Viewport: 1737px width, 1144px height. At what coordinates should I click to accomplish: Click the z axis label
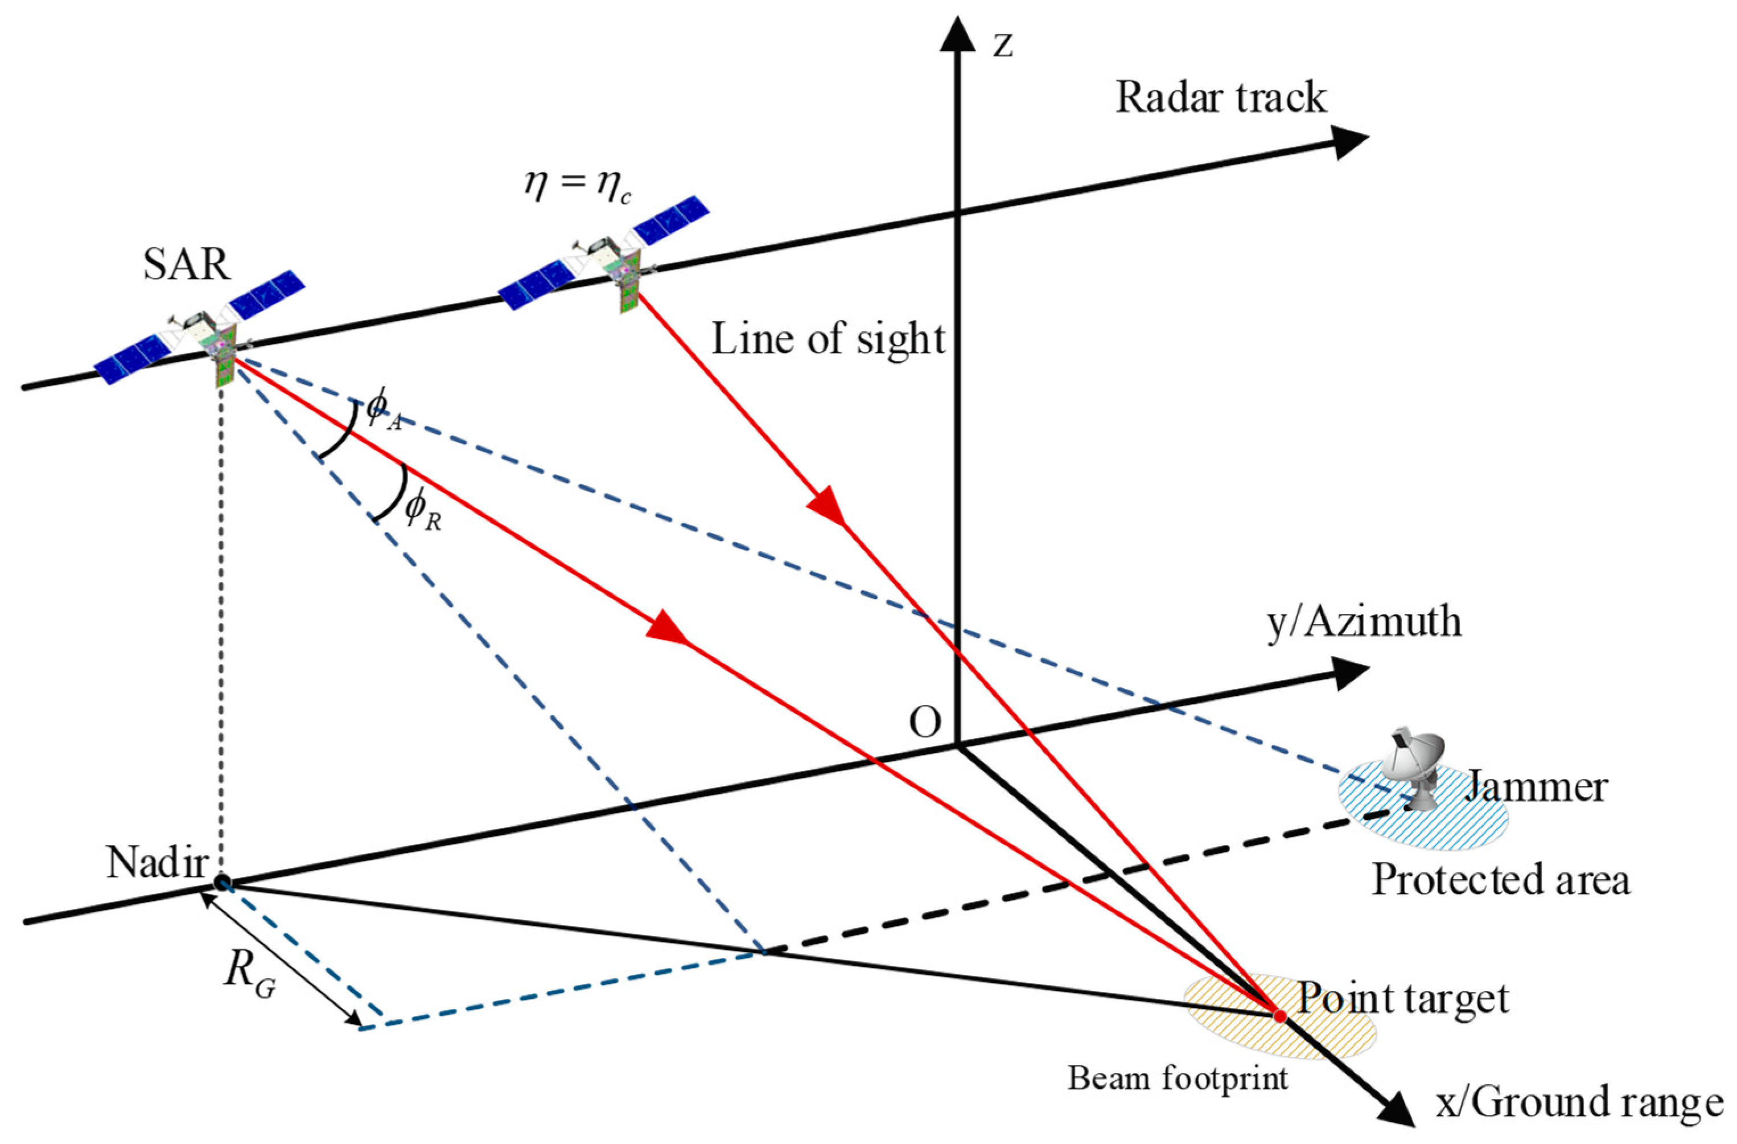coord(1003,45)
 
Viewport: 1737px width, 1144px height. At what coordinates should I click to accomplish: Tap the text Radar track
coord(1220,98)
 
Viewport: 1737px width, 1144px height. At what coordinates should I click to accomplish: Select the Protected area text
coord(1501,880)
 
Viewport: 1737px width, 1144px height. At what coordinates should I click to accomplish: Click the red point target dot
coord(1279,1015)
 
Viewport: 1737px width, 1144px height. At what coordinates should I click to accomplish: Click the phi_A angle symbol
coord(383,411)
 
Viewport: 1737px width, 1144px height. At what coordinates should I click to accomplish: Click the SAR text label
coord(187,265)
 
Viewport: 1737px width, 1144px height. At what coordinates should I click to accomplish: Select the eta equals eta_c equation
coord(577,186)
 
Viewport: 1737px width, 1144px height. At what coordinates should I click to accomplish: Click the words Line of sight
coord(828,340)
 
